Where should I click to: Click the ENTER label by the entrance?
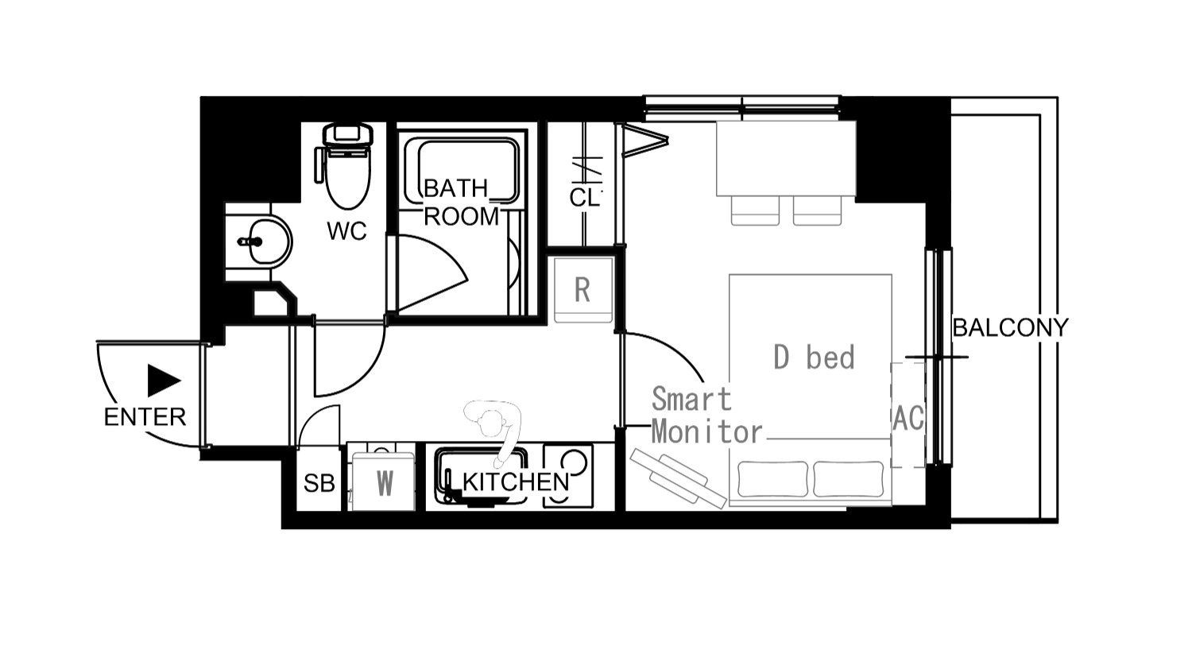(x=145, y=417)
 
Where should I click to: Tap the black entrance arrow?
(x=164, y=381)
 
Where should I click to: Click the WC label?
(x=346, y=231)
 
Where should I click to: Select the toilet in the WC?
(x=346, y=165)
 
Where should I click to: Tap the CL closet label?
(x=584, y=197)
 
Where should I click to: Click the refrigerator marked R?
(x=583, y=290)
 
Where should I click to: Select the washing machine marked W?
(x=383, y=481)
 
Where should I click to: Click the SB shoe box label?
(x=319, y=483)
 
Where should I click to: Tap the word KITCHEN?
(x=516, y=482)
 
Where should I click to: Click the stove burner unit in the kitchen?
(x=568, y=475)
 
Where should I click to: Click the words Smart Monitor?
(x=706, y=416)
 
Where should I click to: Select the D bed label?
(x=814, y=357)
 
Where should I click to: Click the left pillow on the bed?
(x=772, y=479)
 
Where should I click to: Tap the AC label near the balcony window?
(x=908, y=418)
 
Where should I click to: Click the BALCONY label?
(x=1010, y=327)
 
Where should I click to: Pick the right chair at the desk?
(x=818, y=211)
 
